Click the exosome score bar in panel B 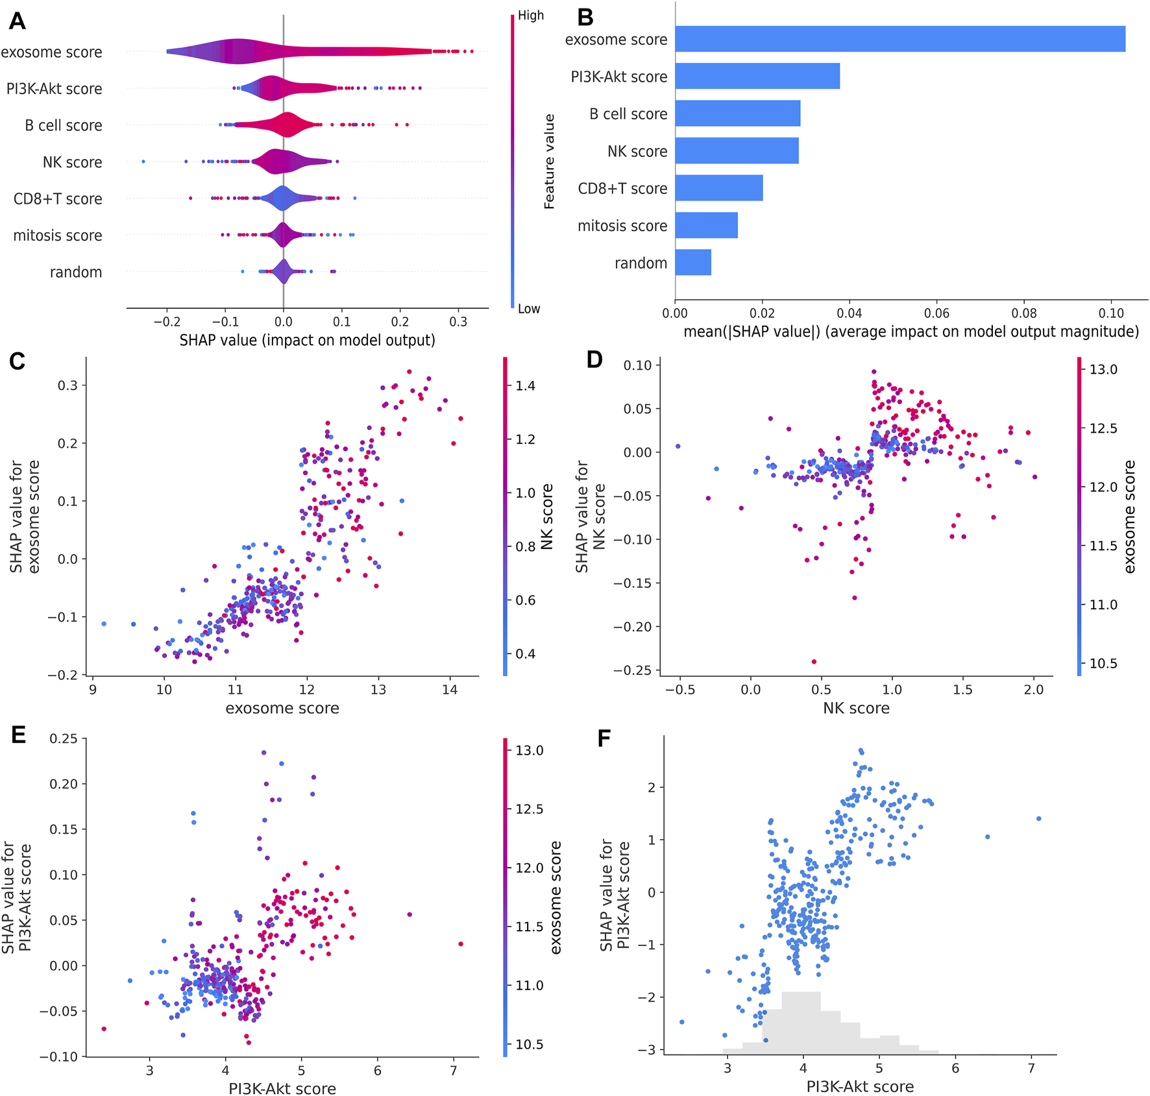click(x=899, y=39)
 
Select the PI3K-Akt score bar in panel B click(x=757, y=77)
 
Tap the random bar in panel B click(x=692, y=262)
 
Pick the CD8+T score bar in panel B click(x=718, y=188)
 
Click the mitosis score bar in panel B click(x=706, y=225)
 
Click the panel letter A click(x=18, y=21)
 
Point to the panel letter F click(x=604, y=738)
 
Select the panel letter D click(x=594, y=359)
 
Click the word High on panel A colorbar click(x=531, y=16)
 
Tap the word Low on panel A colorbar click(x=529, y=309)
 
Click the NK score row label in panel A click(x=72, y=162)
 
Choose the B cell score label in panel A click(x=64, y=125)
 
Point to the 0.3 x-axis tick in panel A click(x=458, y=322)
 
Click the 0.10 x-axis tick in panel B click(x=1111, y=313)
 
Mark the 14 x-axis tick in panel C click(x=450, y=690)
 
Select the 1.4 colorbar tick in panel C click(x=525, y=386)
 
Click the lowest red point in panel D click(x=814, y=662)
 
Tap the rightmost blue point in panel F click(x=1039, y=819)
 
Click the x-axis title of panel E click(x=282, y=1088)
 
